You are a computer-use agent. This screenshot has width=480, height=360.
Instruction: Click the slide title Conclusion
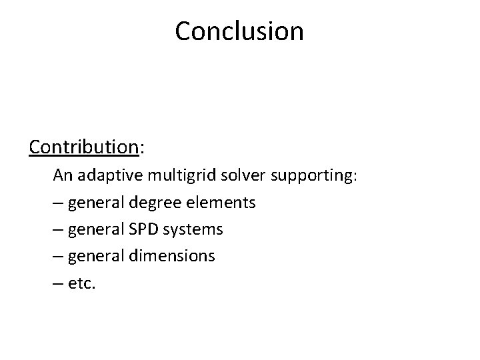pos(239,31)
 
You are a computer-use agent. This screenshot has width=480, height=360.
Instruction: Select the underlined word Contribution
pos(83,147)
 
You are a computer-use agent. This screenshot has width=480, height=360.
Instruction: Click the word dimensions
pos(175,256)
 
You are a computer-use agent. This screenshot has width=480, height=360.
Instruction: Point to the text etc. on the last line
pos(83,283)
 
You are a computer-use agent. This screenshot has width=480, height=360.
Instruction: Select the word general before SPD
pos(99,230)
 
